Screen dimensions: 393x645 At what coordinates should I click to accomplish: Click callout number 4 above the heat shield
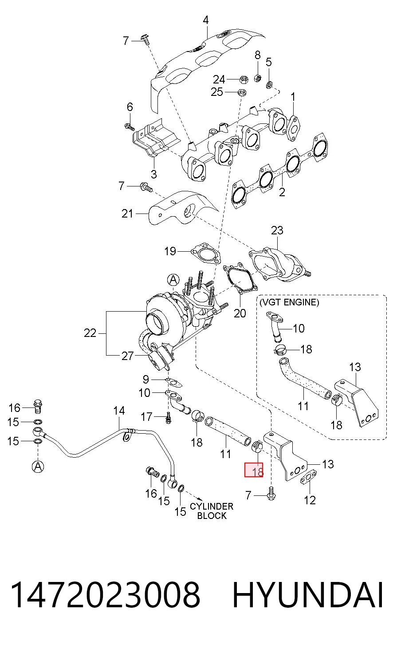coord(205,20)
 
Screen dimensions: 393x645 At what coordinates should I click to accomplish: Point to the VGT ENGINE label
coord(289,302)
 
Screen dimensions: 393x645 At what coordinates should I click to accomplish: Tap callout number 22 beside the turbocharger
coord(90,333)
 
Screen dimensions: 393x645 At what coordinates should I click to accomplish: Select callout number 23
coord(277,230)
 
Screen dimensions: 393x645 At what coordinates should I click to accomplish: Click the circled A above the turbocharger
coord(173,280)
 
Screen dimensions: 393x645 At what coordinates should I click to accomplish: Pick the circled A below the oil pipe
coord(38,466)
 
